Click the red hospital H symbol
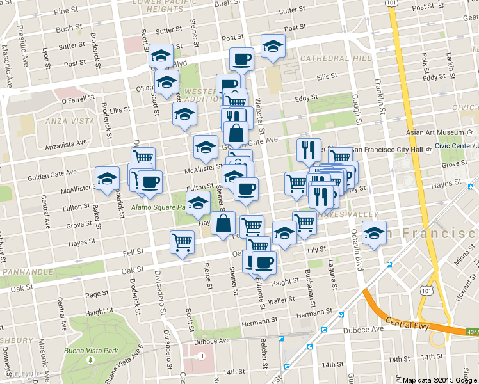(x=202, y=356)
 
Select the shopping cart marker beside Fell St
(x=183, y=242)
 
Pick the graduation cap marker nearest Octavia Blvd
(x=373, y=232)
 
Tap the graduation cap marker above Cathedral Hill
(x=273, y=45)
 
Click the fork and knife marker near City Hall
(x=309, y=150)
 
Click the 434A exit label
(x=473, y=332)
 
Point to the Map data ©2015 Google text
(x=440, y=380)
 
